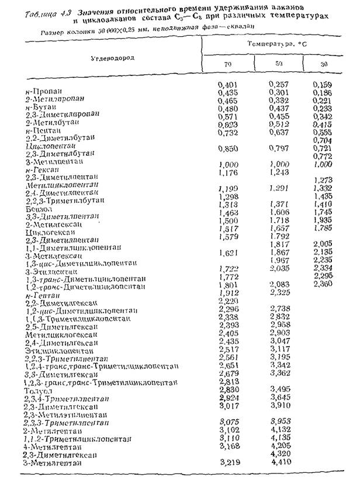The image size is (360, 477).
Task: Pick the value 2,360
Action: [x=323, y=284]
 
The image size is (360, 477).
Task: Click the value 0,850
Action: [x=227, y=148]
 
